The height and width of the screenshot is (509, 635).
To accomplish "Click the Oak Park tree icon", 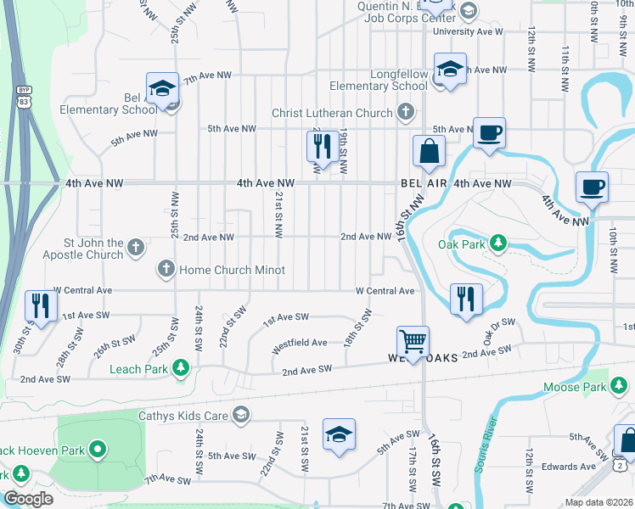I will pos(499,244).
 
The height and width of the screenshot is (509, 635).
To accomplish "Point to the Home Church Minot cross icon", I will pos(166,270).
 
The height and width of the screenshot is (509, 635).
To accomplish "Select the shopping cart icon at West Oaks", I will pos(413,342).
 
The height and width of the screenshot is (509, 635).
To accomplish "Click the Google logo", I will pos(28,500).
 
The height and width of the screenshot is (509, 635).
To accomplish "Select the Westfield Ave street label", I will pos(299,344).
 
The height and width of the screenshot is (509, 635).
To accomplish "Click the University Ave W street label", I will pos(468,31).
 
